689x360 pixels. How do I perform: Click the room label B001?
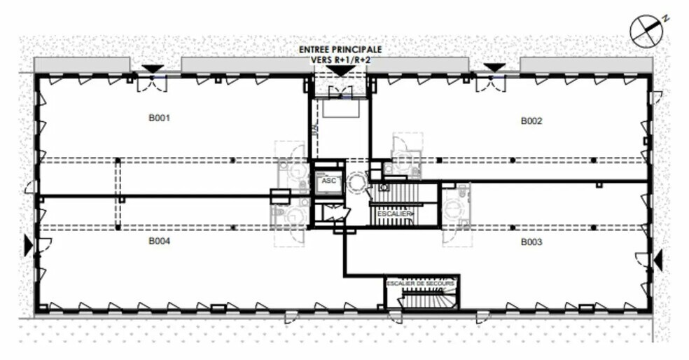[x=160, y=118]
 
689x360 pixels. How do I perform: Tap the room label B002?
[x=531, y=121]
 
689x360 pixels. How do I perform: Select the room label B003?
[x=532, y=242]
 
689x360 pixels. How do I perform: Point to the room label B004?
[x=160, y=241]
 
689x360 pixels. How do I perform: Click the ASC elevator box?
[x=328, y=181]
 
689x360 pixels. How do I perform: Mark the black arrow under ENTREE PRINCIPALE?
[x=340, y=71]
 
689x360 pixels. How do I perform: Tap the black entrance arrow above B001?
[x=153, y=68]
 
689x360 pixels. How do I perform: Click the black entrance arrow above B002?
[x=494, y=67]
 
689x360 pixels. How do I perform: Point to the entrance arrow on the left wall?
[x=29, y=245]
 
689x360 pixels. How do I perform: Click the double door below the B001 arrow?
[x=152, y=84]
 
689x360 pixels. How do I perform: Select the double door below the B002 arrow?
[x=491, y=84]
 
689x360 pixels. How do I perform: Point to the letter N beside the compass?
[x=666, y=18]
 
